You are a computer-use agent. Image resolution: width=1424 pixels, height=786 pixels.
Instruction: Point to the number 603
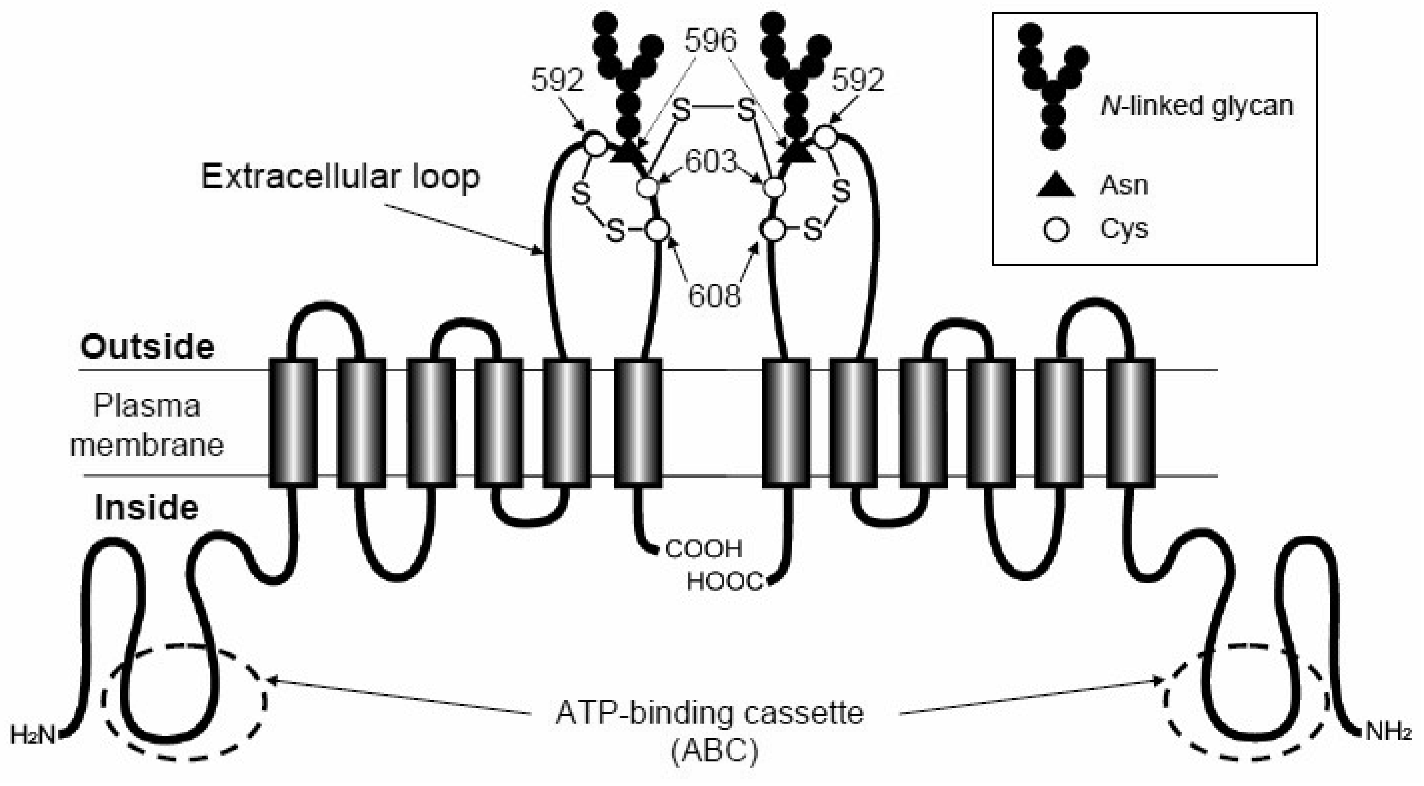click(x=712, y=161)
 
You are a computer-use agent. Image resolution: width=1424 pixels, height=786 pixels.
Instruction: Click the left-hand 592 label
click(x=557, y=80)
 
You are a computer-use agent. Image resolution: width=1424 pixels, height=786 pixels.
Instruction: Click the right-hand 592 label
click(x=858, y=80)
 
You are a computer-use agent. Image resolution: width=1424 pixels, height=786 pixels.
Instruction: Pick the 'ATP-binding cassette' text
click(x=709, y=713)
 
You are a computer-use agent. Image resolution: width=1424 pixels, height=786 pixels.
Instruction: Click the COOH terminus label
click(x=703, y=549)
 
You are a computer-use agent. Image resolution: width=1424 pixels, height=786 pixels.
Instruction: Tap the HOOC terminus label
click(x=725, y=581)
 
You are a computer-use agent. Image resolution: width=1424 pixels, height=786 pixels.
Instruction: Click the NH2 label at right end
click(x=1388, y=732)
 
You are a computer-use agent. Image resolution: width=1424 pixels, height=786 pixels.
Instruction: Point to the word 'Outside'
click(x=147, y=347)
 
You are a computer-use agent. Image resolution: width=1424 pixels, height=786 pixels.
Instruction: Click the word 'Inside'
click(x=146, y=508)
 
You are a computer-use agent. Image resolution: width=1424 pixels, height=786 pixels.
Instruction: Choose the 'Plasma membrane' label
click(x=147, y=425)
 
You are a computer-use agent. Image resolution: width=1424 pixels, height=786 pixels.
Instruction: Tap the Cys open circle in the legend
click(x=1056, y=229)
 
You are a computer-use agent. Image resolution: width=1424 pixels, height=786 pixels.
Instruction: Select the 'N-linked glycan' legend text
click(x=1197, y=106)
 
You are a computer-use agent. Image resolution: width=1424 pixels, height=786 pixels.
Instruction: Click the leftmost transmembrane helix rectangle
click(x=294, y=423)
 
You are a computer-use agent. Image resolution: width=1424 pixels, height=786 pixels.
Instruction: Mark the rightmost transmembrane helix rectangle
click(x=1130, y=423)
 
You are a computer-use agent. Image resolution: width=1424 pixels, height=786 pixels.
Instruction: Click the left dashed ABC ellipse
click(x=184, y=702)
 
